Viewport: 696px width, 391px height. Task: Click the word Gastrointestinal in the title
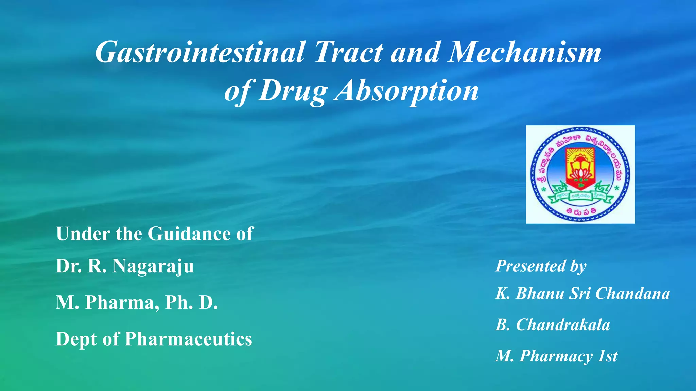coord(200,53)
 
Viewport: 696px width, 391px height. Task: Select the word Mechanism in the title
coord(524,53)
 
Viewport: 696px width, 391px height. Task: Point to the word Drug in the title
coord(292,91)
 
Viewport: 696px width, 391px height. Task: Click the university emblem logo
coord(580,174)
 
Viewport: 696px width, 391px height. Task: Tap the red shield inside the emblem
coord(580,168)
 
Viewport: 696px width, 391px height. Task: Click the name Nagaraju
coord(153,266)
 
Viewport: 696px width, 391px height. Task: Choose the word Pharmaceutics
coord(189,339)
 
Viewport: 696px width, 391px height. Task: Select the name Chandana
coord(632,294)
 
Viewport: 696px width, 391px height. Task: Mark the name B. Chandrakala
coord(553,325)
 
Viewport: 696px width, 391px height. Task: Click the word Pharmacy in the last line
coord(556,356)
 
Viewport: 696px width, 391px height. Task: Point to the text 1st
coord(608,356)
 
